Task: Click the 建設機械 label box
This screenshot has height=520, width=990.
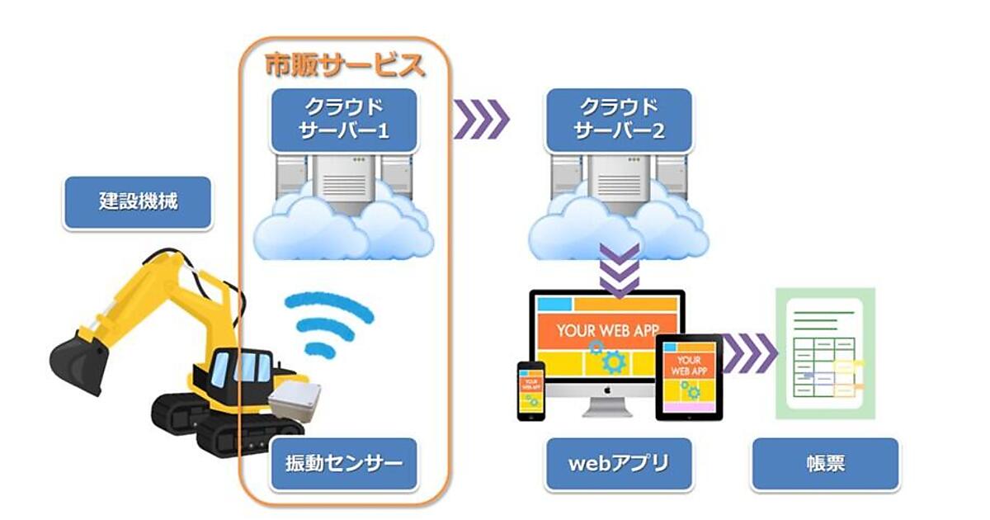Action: click(x=138, y=202)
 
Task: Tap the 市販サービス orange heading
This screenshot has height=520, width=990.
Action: click(x=344, y=64)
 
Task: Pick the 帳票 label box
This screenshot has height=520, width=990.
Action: click(x=824, y=463)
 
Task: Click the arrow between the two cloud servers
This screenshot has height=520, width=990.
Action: click(x=481, y=121)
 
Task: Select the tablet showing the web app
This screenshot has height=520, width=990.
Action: click(x=688, y=376)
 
